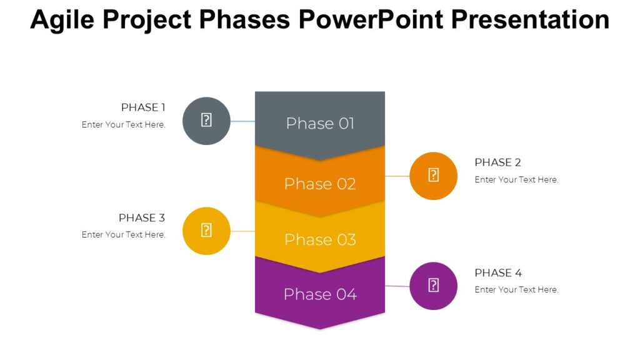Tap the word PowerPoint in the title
coord(370,20)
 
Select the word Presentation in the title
coord(530,20)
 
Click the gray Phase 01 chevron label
coord(320,123)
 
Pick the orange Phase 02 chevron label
coord(320,184)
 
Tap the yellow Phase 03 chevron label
coord(320,239)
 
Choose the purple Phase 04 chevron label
coord(320,294)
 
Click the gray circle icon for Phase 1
coord(206,121)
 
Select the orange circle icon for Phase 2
coord(433,176)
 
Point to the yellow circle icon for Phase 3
coord(206,231)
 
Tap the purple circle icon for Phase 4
coord(433,286)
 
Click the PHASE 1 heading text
coord(143,107)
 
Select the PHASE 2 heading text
coord(497,162)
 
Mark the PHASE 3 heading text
coord(142,218)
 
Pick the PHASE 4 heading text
coord(497,273)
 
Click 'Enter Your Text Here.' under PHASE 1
coord(124,124)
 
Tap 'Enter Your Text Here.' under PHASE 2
coord(516,179)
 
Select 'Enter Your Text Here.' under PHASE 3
coord(124,235)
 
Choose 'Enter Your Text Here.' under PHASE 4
coord(516,290)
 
